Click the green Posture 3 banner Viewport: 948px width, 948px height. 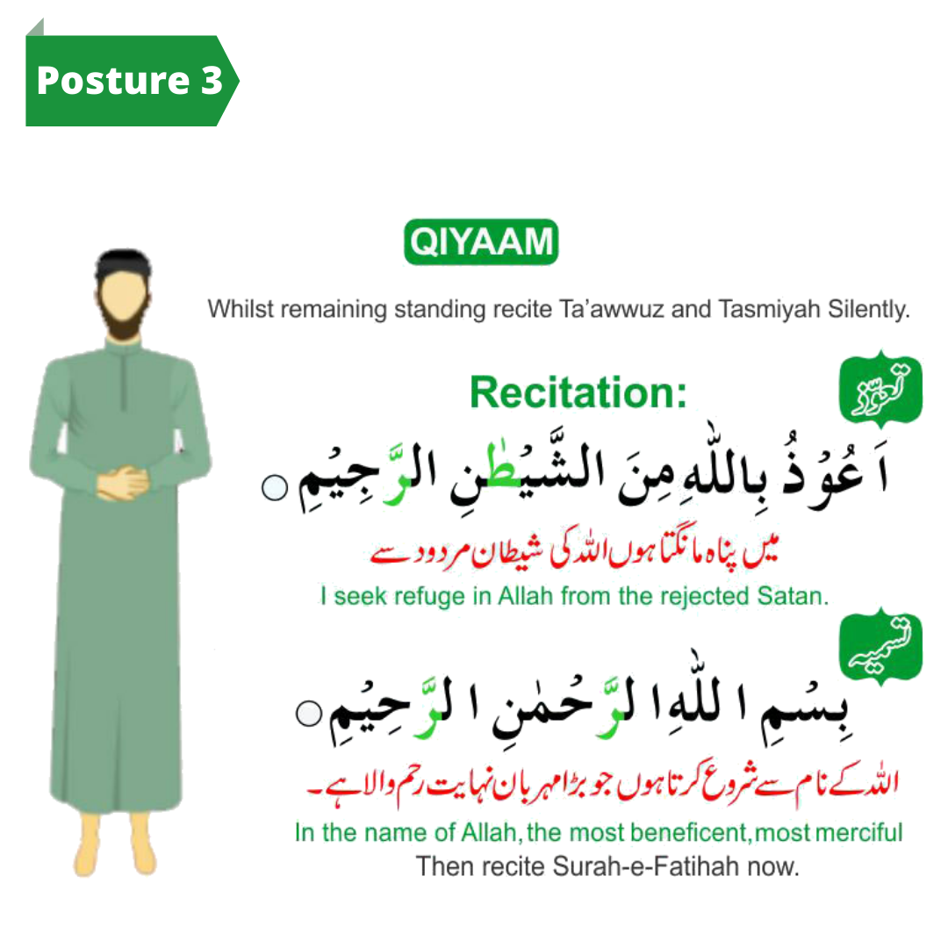[129, 81]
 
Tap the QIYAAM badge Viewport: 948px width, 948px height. [481, 241]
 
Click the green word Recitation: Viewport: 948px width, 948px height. [578, 391]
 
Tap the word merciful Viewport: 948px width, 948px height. [855, 831]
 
